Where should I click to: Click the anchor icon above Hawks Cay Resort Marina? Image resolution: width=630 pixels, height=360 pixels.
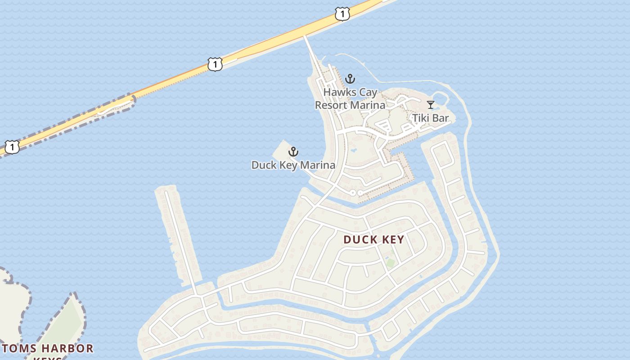[350, 79]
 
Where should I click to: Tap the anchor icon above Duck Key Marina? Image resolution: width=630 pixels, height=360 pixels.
[293, 152]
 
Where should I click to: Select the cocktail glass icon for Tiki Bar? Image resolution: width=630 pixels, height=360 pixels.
[431, 105]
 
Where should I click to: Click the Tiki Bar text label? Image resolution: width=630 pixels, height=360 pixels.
[431, 118]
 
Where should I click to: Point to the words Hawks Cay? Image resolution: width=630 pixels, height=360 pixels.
[350, 93]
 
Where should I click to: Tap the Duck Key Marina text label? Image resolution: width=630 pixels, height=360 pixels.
[293, 165]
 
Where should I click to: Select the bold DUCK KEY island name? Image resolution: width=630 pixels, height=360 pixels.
[374, 239]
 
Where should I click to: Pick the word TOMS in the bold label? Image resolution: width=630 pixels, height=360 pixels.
[19, 349]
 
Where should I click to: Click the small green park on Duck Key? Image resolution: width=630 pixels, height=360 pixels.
[390, 263]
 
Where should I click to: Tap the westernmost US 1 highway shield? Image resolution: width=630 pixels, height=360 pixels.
[12, 147]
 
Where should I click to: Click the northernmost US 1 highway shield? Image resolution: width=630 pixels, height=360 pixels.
[342, 14]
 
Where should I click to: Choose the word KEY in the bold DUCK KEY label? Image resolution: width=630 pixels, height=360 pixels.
[391, 239]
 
